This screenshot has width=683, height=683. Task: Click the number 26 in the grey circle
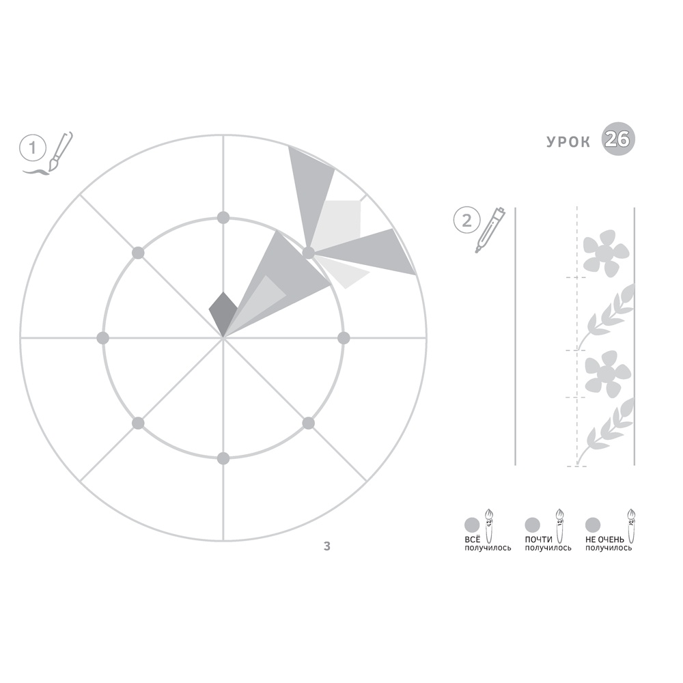(x=617, y=139)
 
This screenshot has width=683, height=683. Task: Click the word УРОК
(x=568, y=142)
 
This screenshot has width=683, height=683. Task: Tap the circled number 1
(x=32, y=148)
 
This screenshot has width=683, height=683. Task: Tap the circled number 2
(x=466, y=220)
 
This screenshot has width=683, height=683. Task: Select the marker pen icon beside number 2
(x=490, y=229)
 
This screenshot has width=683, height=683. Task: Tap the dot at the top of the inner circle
(x=223, y=217)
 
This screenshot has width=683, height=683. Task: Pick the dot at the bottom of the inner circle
(x=223, y=458)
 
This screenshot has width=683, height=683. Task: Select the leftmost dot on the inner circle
(x=103, y=337)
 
